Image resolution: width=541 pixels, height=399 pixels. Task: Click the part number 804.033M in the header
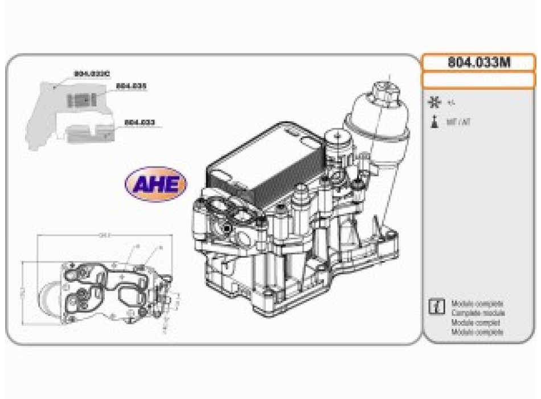click(478, 63)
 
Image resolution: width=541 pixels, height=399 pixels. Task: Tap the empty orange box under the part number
click(478, 79)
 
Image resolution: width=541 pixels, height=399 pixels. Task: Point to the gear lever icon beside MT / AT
click(435, 122)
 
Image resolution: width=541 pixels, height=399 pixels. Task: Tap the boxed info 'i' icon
click(436, 306)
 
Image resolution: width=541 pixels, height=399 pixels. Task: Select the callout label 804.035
click(132, 86)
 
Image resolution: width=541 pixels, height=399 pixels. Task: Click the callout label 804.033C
click(92, 74)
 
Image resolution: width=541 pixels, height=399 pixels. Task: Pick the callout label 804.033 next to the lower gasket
click(140, 122)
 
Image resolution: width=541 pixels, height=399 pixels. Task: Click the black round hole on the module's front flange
click(227, 229)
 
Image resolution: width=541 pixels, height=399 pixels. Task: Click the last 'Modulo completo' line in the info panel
click(477, 332)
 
